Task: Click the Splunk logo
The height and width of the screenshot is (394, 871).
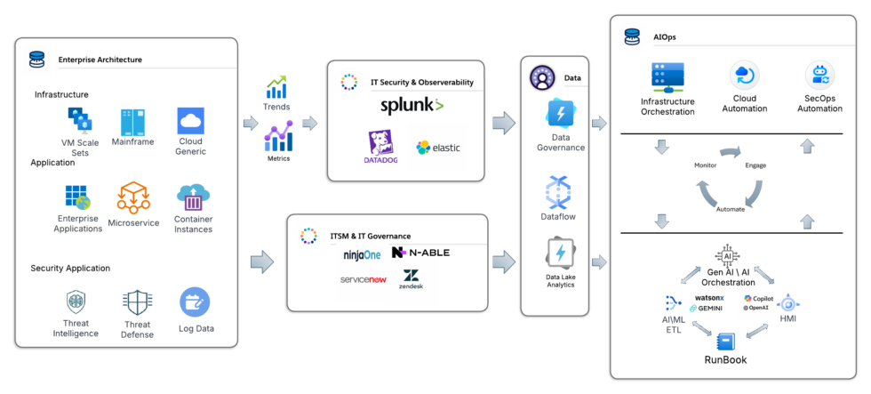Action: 412,106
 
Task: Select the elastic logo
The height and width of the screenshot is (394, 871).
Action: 437,148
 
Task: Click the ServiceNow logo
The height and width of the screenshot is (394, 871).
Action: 363,279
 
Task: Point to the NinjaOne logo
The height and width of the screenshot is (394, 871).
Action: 362,254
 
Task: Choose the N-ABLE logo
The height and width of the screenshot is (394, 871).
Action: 420,253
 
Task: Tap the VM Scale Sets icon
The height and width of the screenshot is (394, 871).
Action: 80,121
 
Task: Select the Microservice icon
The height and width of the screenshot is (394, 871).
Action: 133,197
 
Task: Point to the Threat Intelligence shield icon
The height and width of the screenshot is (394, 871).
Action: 76,302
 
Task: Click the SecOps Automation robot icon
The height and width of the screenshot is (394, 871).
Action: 819,76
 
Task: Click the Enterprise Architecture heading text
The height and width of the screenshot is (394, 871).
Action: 100,60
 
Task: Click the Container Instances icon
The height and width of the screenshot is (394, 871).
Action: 193,197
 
